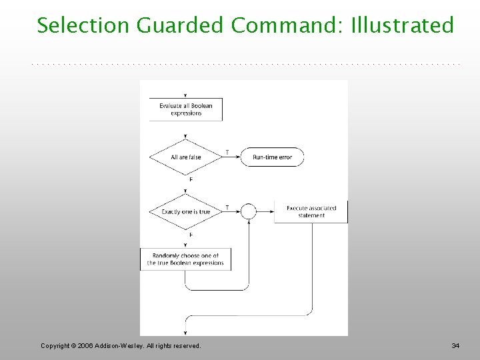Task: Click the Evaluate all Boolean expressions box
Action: point(185,109)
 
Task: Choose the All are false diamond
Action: point(185,157)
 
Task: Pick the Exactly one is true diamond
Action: point(185,212)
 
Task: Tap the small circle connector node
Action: point(248,212)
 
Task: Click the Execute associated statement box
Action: point(311,212)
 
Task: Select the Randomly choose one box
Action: point(185,259)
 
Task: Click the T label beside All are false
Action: point(227,153)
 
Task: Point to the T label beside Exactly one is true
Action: point(227,207)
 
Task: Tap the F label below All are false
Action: point(191,179)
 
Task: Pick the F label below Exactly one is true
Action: point(191,235)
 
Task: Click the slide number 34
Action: point(455,345)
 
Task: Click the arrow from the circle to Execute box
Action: point(265,212)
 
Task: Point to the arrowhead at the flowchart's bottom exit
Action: point(185,331)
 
